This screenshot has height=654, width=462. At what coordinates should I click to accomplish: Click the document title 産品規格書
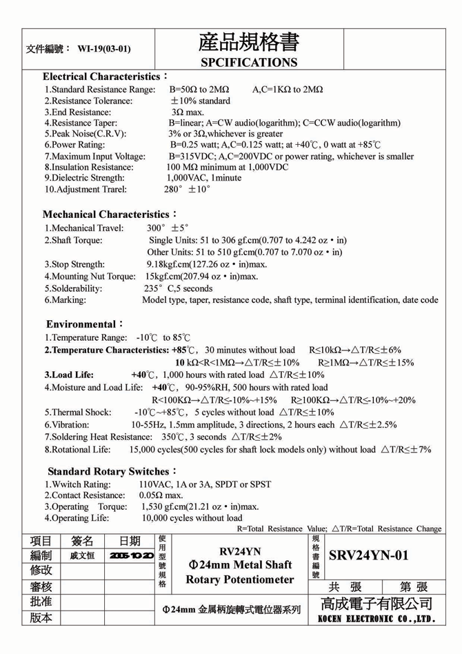click(x=248, y=42)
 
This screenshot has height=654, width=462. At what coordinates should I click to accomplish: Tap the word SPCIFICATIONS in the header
click(x=248, y=62)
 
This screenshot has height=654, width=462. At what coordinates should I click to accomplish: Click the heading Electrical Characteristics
click(x=103, y=76)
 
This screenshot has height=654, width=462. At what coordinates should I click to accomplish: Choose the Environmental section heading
click(x=82, y=324)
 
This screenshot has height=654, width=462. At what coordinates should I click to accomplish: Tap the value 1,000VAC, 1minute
click(x=204, y=177)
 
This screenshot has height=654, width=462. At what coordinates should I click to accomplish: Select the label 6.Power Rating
click(x=75, y=145)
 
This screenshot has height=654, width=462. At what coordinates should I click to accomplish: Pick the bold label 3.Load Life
click(x=69, y=375)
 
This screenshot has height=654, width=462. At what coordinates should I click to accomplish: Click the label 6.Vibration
click(x=67, y=424)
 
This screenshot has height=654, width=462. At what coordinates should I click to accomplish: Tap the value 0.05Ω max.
click(x=161, y=495)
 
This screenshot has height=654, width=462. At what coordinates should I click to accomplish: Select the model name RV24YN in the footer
click(x=240, y=551)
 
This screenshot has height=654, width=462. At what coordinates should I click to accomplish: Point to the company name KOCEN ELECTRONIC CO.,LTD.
click(x=376, y=619)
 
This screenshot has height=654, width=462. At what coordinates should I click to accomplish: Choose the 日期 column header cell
click(x=130, y=541)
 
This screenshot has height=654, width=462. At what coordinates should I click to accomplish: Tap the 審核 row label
click(x=41, y=586)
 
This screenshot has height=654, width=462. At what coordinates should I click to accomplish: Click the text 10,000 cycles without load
click(x=192, y=517)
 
